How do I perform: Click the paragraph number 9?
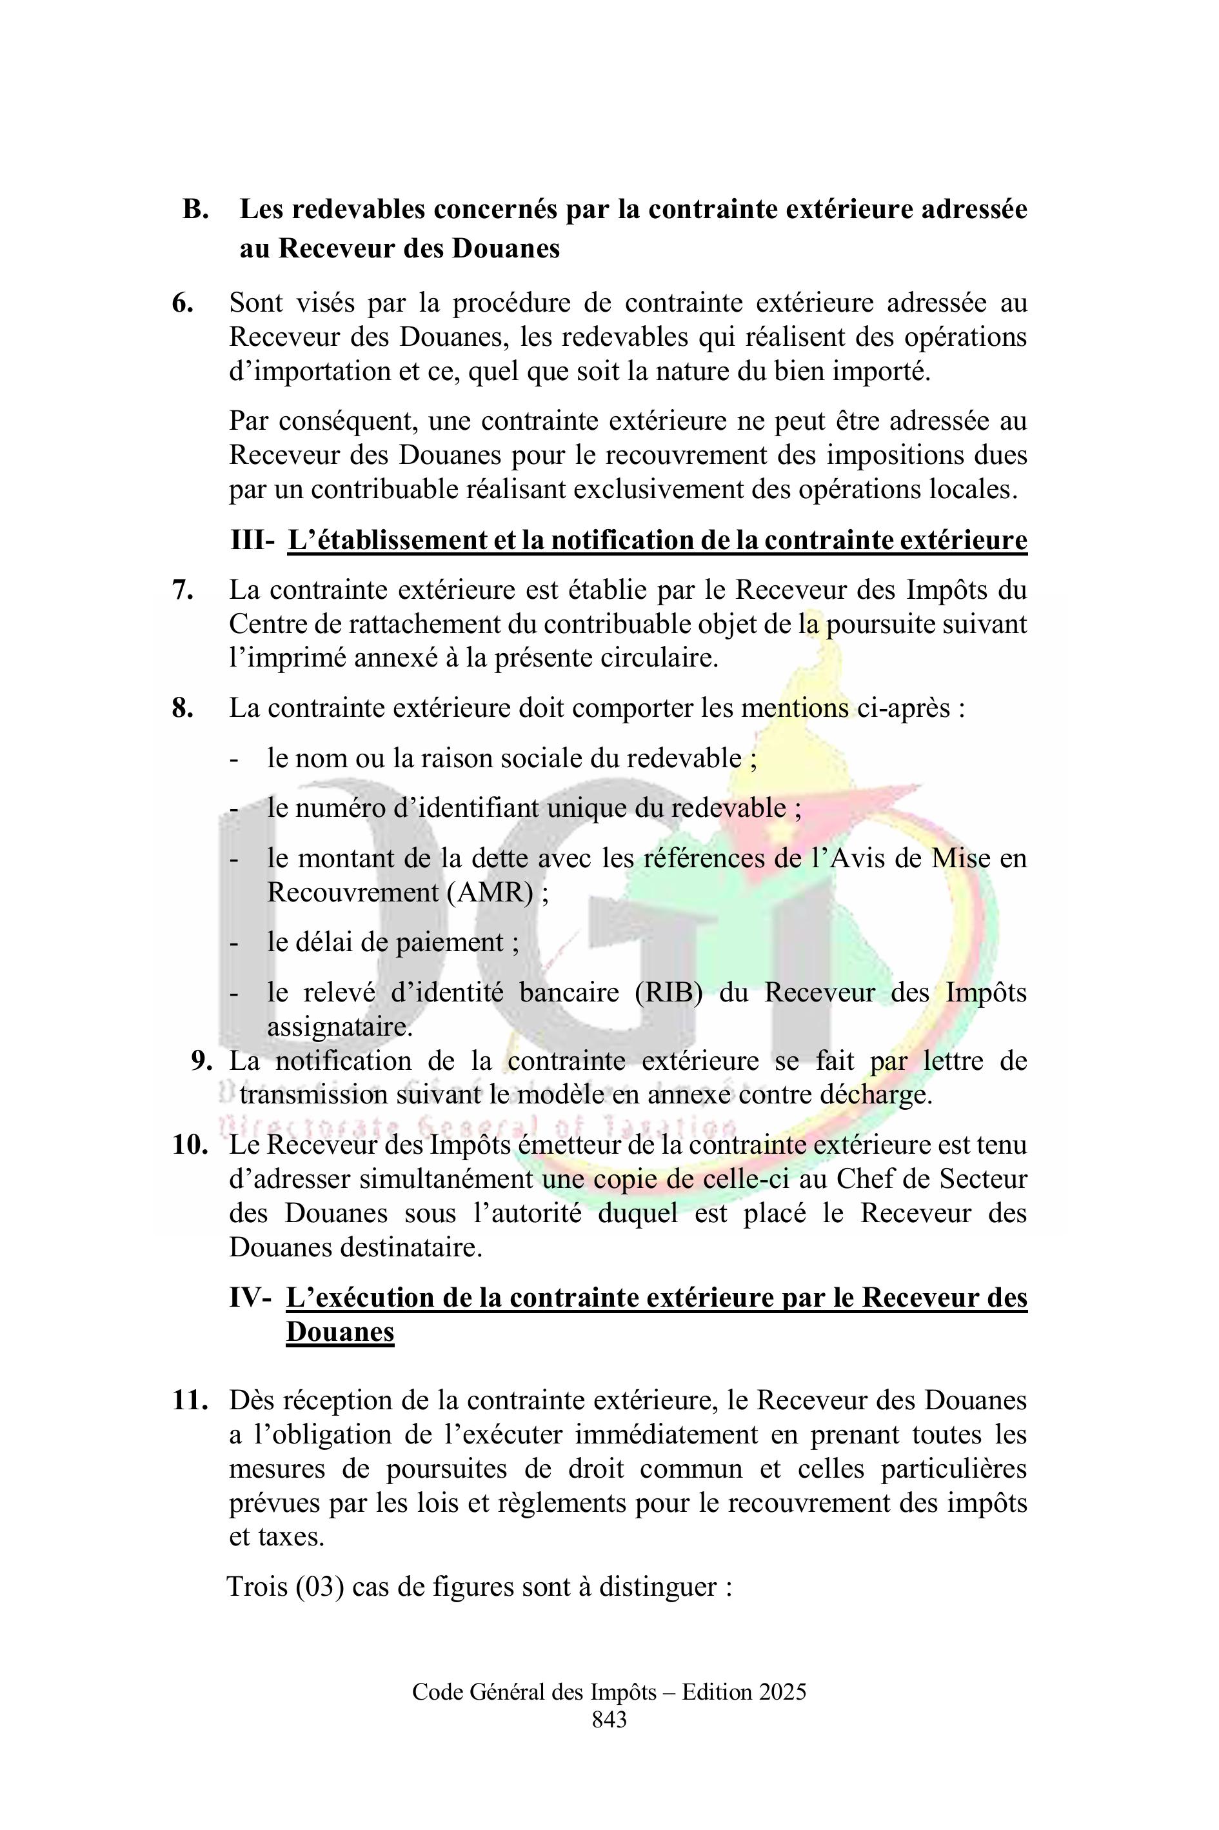[201, 1061]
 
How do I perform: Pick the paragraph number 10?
[190, 1145]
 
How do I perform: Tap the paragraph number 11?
[190, 1401]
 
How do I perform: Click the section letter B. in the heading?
[196, 209]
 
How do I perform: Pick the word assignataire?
[340, 1027]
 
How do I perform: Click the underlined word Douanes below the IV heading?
[340, 1332]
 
